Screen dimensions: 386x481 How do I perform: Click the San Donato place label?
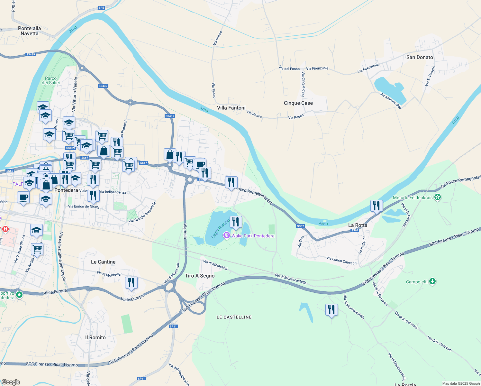tap(420, 57)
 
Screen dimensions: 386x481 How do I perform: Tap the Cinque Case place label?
tap(298, 103)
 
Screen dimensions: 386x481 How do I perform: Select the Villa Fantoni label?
tap(231, 108)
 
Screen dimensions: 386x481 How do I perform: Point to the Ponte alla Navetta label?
tap(30, 31)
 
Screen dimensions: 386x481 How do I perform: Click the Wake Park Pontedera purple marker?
tap(227, 235)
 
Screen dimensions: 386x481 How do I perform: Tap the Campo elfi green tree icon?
tap(432, 281)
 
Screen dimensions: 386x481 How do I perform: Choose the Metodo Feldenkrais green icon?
tap(437, 197)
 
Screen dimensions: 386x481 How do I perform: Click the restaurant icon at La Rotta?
tap(377, 206)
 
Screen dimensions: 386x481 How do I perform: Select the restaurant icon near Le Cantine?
tap(131, 282)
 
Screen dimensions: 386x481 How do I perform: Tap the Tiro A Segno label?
tap(200, 276)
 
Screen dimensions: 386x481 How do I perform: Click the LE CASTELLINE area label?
tap(234, 317)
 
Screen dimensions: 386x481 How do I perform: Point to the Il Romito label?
tap(95, 337)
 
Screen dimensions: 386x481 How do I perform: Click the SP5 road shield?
tap(101, 8)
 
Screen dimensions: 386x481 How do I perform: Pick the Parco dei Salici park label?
tap(51, 80)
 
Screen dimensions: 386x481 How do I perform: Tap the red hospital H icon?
tap(5, 229)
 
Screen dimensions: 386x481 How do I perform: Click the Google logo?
tap(11, 382)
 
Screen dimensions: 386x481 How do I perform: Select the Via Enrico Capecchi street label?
tap(342, 261)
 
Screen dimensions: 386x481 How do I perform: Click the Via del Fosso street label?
tap(289, 69)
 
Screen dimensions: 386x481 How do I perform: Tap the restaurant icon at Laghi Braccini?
tap(236, 222)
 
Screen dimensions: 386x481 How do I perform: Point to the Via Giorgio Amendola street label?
tap(142, 212)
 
